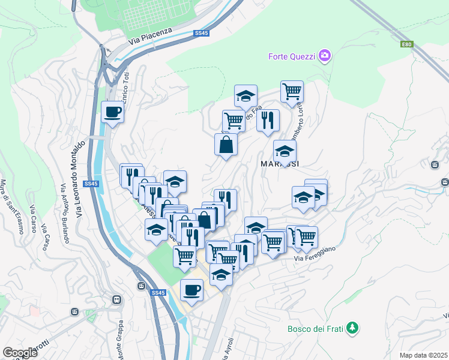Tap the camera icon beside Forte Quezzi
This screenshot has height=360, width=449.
[x=325, y=56]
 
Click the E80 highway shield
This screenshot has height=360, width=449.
[x=408, y=44]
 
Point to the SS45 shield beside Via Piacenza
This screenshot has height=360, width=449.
[x=201, y=34]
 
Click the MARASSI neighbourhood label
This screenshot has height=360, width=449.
[x=280, y=163]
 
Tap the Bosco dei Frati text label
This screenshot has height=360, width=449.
[x=318, y=328]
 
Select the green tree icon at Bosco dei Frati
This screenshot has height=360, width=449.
[x=354, y=328]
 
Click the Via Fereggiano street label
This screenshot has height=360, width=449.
[x=315, y=253]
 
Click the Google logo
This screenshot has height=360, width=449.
[x=20, y=352]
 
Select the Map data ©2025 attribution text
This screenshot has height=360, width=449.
[x=424, y=355]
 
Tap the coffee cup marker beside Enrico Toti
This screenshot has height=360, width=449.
[x=112, y=111]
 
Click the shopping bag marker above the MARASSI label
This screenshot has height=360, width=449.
[x=226, y=145]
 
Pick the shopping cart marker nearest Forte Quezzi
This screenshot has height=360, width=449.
[x=292, y=91]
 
